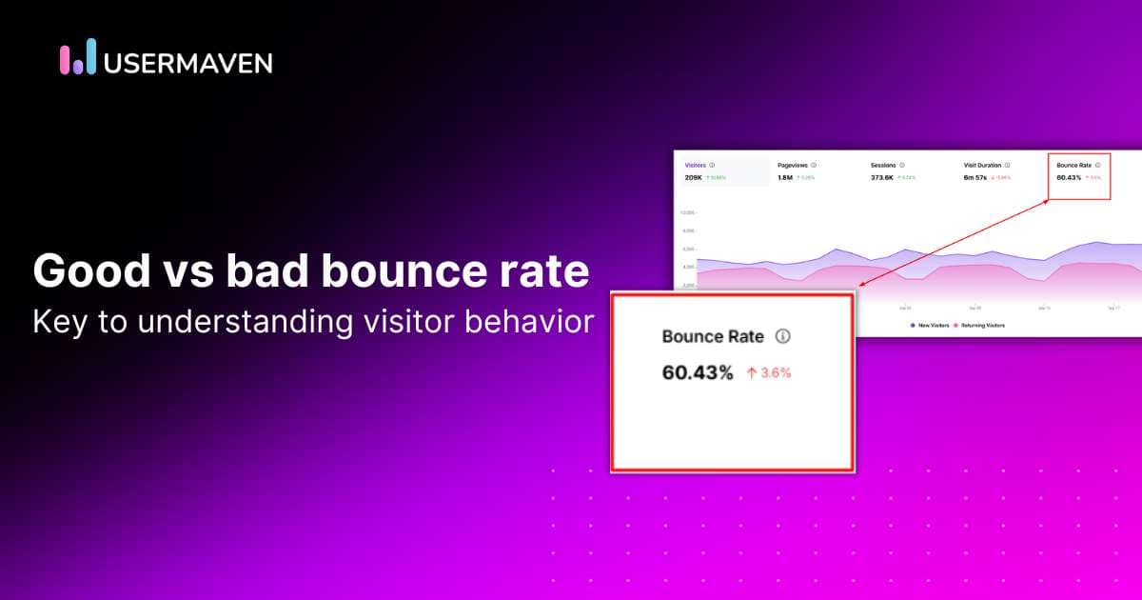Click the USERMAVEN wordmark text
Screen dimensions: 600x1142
187,63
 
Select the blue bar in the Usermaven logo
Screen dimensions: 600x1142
90,56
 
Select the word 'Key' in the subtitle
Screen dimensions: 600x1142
55,321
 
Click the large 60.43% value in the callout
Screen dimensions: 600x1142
698,372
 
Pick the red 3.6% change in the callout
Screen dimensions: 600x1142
769,373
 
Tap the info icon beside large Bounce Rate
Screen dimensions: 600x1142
783,336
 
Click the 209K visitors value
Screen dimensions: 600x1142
694,177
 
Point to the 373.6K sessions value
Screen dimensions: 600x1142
881,177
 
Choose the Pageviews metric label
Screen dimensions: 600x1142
794,165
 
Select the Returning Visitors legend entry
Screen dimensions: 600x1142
982,326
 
